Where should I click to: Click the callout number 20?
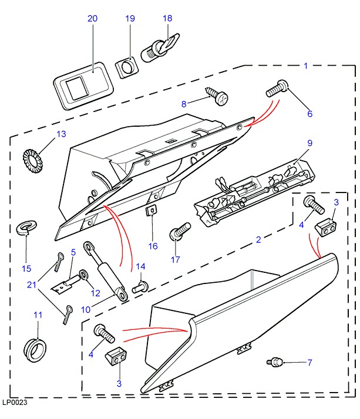pos(92,19)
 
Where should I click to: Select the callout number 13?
pos(61,134)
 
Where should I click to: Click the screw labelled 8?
pos(216,96)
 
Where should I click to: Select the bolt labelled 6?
pos(276,89)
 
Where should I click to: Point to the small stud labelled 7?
pos(274,362)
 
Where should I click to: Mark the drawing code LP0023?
pos(15,403)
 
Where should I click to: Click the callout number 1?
pos(305,66)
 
